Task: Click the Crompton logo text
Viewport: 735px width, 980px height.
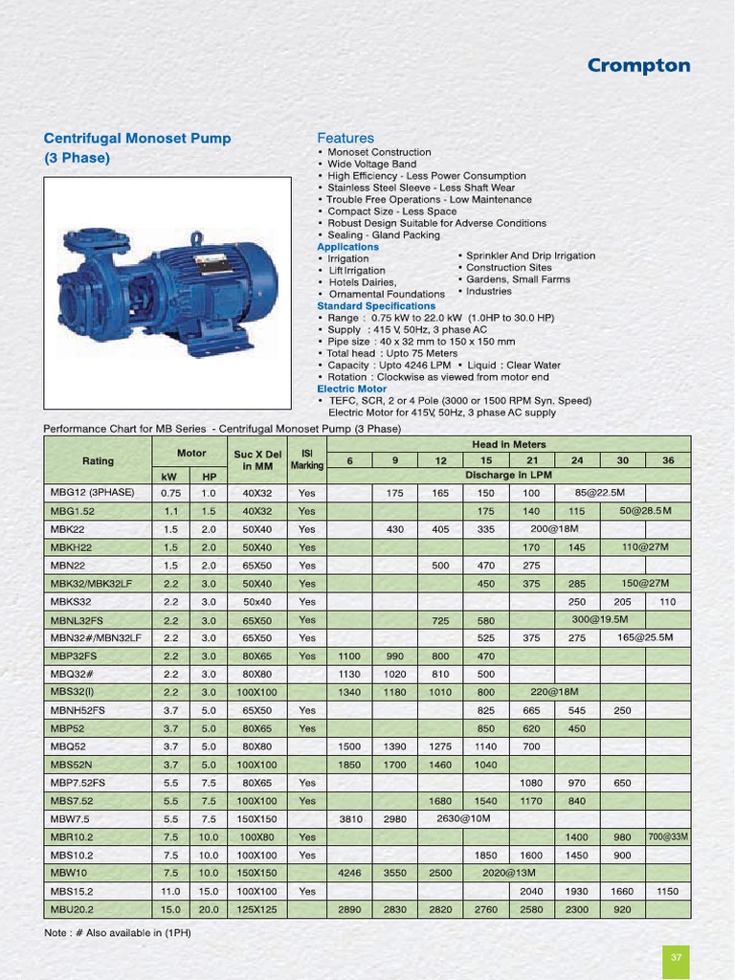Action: tap(637, 66)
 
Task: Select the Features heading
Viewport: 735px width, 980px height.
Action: tap(345, 138)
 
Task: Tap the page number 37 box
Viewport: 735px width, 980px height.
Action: tap(676, 957)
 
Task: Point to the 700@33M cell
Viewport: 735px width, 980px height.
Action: tap(668, 836)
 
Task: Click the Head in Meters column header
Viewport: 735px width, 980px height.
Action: tap(509, 445)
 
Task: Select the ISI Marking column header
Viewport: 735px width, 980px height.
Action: tap(307, 459)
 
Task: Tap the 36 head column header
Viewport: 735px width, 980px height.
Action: tap(668, 460)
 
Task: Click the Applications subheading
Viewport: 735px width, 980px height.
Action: tap(347, 247)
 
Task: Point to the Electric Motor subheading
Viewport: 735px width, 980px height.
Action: tap(351, 389)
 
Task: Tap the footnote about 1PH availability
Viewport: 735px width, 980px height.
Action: tap(118, 932)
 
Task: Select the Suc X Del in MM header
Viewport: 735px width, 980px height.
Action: tap(257, 459)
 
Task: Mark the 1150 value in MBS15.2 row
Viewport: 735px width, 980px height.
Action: tap(668, 891)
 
